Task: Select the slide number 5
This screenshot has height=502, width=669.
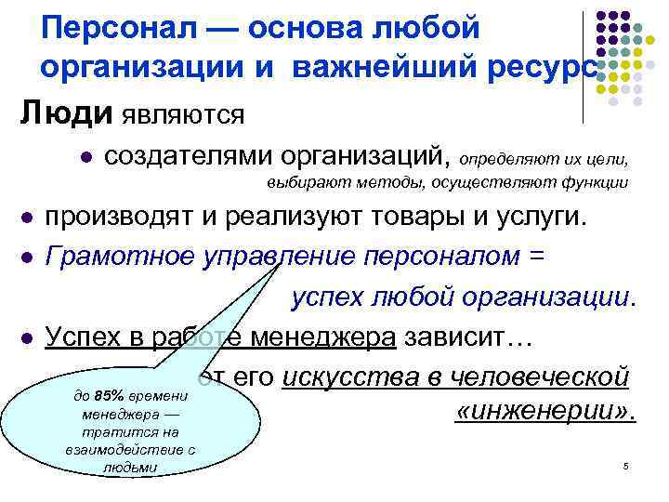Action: pyautogui.click(x=626, y=465)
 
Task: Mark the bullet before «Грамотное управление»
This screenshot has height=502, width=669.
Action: pyautogui.click(x=26, y=255)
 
